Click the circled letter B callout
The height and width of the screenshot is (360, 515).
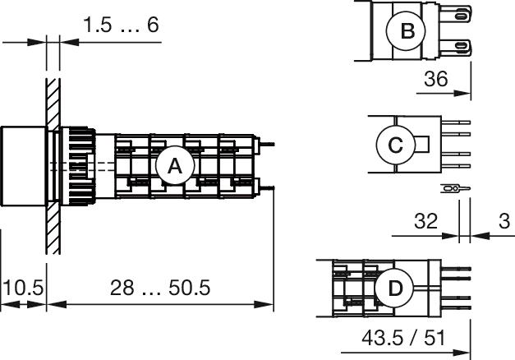407,32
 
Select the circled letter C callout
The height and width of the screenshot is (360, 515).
395,145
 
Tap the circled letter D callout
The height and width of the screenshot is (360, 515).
395,288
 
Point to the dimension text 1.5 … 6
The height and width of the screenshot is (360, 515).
121,25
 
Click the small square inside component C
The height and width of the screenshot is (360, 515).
425,145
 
